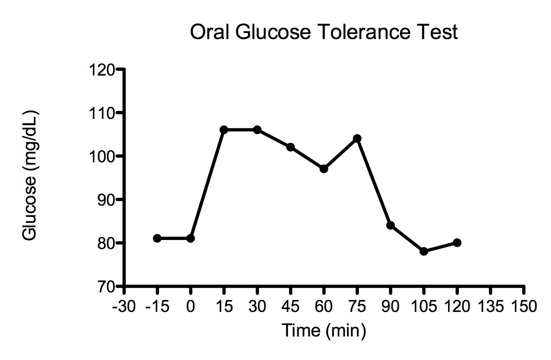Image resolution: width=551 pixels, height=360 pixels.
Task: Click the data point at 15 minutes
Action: click(x=224, y=130)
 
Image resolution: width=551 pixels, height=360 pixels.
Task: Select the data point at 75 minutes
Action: click(x=357, y=138)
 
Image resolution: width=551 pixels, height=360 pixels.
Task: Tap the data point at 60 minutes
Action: click(x=324, y=169)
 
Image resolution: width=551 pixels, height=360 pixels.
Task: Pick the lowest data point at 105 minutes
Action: click(x=424, y=251)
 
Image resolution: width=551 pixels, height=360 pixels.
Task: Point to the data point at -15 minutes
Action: click(x=157, y=238)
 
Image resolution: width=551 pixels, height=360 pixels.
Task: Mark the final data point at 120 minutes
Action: click(x=457, y=243)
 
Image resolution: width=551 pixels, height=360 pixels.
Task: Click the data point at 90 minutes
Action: click(x=390, y=225)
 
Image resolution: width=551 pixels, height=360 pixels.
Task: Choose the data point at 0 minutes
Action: click(x=190, y=238)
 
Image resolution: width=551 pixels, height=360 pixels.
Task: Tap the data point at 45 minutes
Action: click(x=290, y=147)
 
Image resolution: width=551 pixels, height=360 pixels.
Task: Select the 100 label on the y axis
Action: click(x=101, y=157)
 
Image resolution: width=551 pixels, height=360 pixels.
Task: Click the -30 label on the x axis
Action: click(x=124, y=307)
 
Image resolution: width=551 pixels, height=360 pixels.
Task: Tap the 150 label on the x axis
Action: click(x=524, y=307)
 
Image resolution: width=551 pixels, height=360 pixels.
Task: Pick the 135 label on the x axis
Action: click(x=490, y=307)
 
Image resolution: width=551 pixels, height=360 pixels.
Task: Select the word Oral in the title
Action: click(x=210, y=32)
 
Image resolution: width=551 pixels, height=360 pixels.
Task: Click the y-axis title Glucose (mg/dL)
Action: click(x=30, y=175)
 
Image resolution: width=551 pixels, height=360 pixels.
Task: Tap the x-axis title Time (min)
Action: click(x=324, y=330)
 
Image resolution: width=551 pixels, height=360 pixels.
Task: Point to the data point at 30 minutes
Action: click(x=257, y=130)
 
